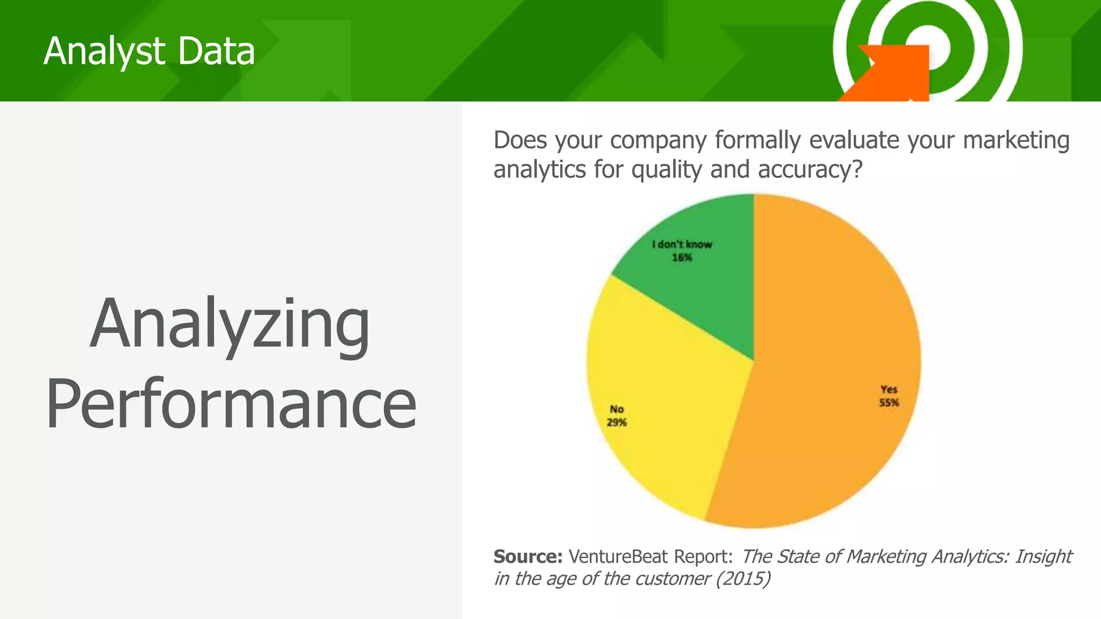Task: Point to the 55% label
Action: pyautogui.click(x=889, y=403)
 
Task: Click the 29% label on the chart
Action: pyautogui.click(x=617, y=423)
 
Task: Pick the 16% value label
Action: pyautogui.click(x=682, y=258)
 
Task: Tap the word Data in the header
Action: pyautogui.click(x=216, y=52)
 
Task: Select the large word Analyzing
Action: pyautogui.click(x=230, y=325)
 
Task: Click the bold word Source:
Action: pyautogui.click(x=527, y=557)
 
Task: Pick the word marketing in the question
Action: pyautogui.click(x=1016, y=140)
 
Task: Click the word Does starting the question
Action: pyautogui.click(x=520, y=140)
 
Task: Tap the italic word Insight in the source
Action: pyautogui.click(x=1043, y=557)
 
